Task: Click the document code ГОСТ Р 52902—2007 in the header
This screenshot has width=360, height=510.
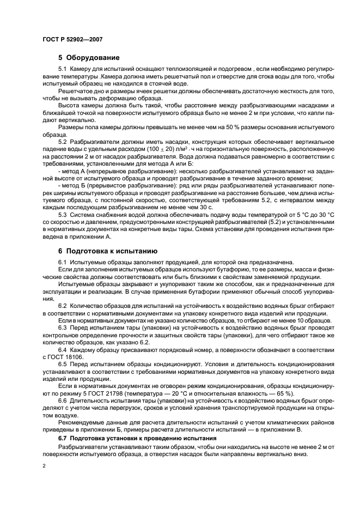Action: [72, 40]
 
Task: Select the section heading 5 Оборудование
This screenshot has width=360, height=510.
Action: [89, 57]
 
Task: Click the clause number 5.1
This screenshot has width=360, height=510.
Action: [63, 70]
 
